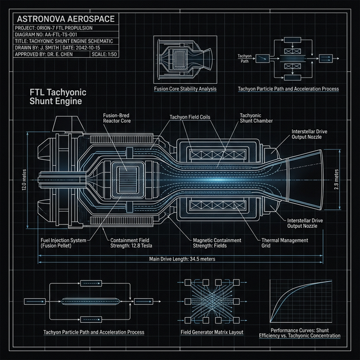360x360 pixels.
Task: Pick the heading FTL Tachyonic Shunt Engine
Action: (x=56, y=96)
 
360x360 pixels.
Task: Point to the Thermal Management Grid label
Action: (x=285, y=243)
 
